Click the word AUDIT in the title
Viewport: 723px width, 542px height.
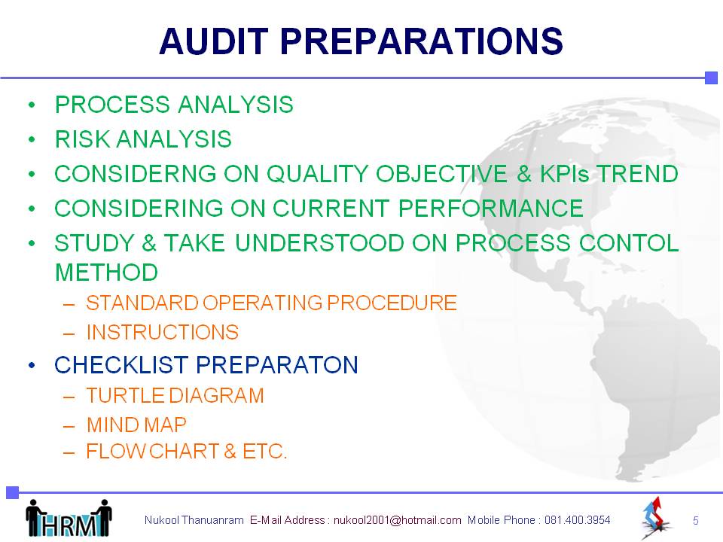(x=214, y=41)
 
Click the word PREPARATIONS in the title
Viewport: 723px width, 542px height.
(x=422, y=41)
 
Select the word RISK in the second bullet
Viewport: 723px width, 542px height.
(x=82, y=139)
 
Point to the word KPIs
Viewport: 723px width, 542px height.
(x=564, y=174)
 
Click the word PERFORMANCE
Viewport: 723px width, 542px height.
(x=491, y=209)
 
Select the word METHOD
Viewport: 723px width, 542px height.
(x=106, y=273)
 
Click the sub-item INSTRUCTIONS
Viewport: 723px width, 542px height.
(x=163, y=332)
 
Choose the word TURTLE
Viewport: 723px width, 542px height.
(x=126, y=396)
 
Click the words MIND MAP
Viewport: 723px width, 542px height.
(x=136, y=425)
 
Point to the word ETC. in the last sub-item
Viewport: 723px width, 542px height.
(x=264, y=451)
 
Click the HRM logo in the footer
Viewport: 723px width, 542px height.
(x=69, y=518)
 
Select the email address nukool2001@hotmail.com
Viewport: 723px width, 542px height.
(x=397, y=520)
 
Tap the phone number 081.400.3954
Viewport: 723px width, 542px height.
(x=578, y=520)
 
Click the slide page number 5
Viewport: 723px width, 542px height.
(x=696, y=521)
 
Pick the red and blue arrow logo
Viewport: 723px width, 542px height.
(x=656, y=517)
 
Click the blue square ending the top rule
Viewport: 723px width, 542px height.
(x=712, y=78)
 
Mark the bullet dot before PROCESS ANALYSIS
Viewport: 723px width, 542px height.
(x=32, y=105)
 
